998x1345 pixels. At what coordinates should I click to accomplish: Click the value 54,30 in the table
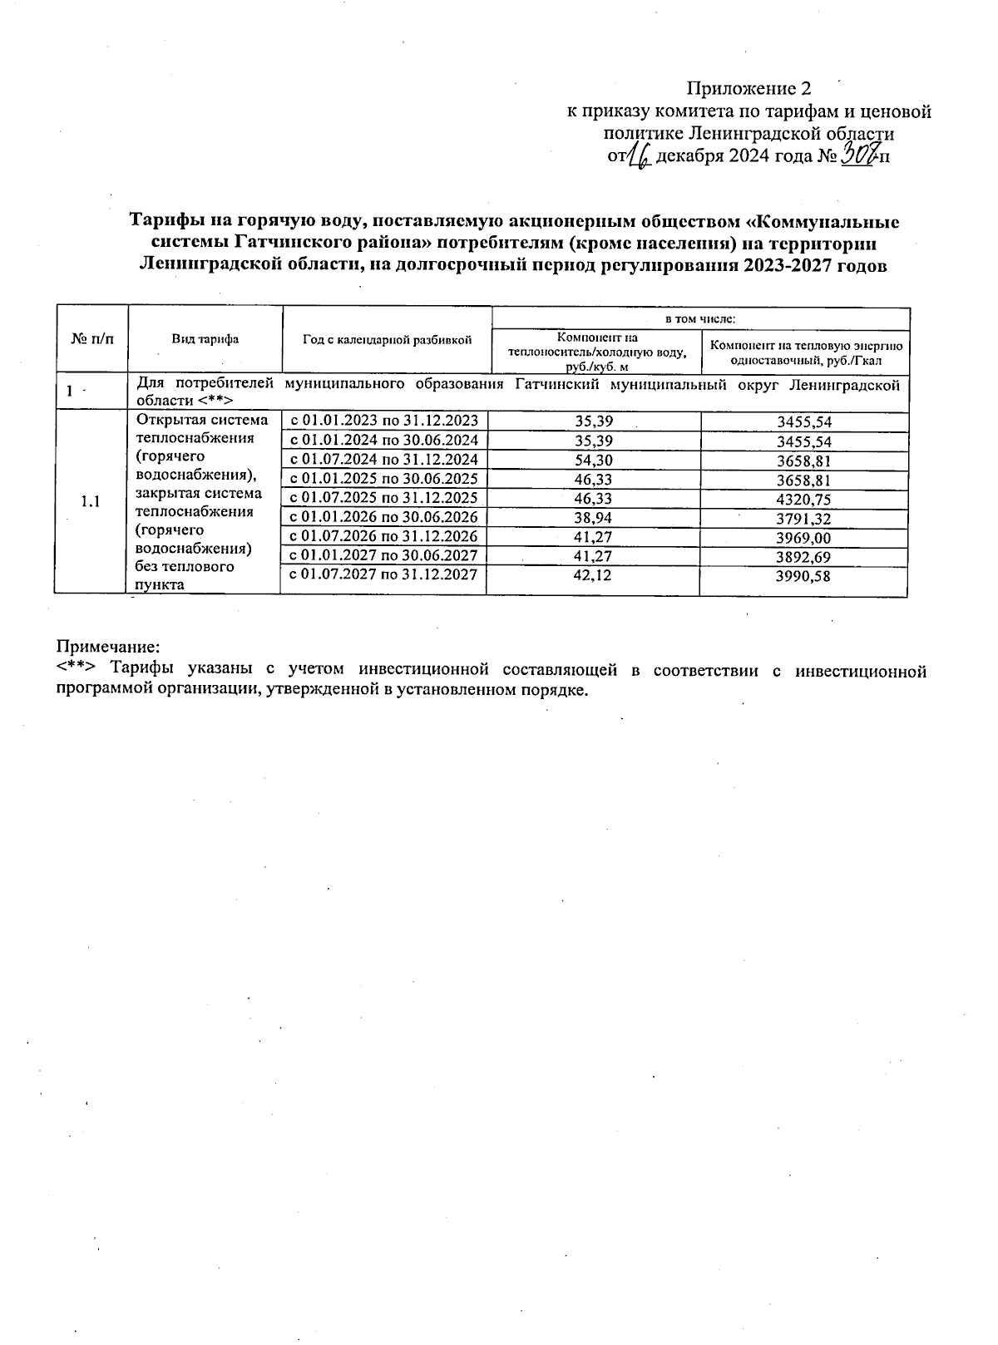(594, 460)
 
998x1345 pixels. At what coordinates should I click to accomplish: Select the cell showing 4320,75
(803, 499)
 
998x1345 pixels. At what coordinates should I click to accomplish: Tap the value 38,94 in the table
(594, 517)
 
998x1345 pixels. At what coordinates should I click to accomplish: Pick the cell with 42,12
(594, 575)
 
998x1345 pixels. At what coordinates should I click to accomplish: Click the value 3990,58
(803, 576)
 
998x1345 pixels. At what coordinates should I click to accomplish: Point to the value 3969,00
(803, 538)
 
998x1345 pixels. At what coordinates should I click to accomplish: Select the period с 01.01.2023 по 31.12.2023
(383, 421)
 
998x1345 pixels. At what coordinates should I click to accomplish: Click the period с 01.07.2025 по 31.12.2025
(383, 498)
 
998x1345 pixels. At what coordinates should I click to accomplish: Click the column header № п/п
(92, 339)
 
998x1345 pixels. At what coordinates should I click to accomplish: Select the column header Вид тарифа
(205, 339)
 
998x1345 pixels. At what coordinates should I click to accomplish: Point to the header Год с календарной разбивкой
(387, 339)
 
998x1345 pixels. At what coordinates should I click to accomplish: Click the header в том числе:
(699, 318)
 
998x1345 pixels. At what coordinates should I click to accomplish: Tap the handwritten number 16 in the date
(640, 155)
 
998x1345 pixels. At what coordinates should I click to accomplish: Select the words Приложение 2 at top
(748, 89)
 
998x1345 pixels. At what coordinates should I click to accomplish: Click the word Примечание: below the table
(107, 646)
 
